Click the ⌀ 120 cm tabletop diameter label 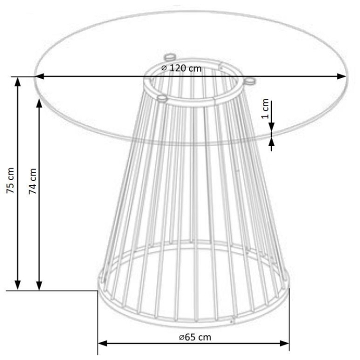tap(181, 68)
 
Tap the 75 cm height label tap(10, 180)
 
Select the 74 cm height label tap(33, 181)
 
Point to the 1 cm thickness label tap(265, 108)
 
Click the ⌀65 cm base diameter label tap(195, 337)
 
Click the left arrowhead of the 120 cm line tap(39, 76)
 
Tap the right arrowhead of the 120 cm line tap(341, 76)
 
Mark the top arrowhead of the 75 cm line tap(17, 82)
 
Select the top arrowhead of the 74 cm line tap(39, 104)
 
